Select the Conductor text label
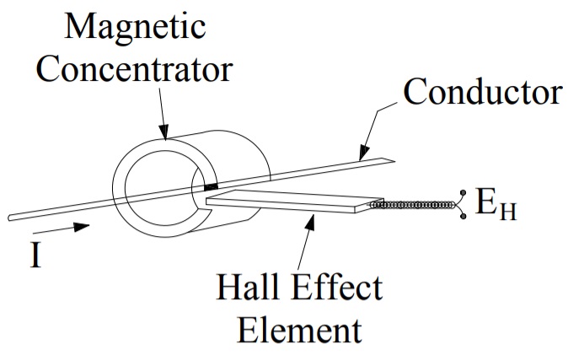[483, 91]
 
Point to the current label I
[35, 254]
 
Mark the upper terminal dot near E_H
[464, 192]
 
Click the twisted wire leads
[413, 205]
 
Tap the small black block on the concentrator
[211, 185]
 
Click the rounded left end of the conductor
[12, 218]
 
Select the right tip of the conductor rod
[389, 160]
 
